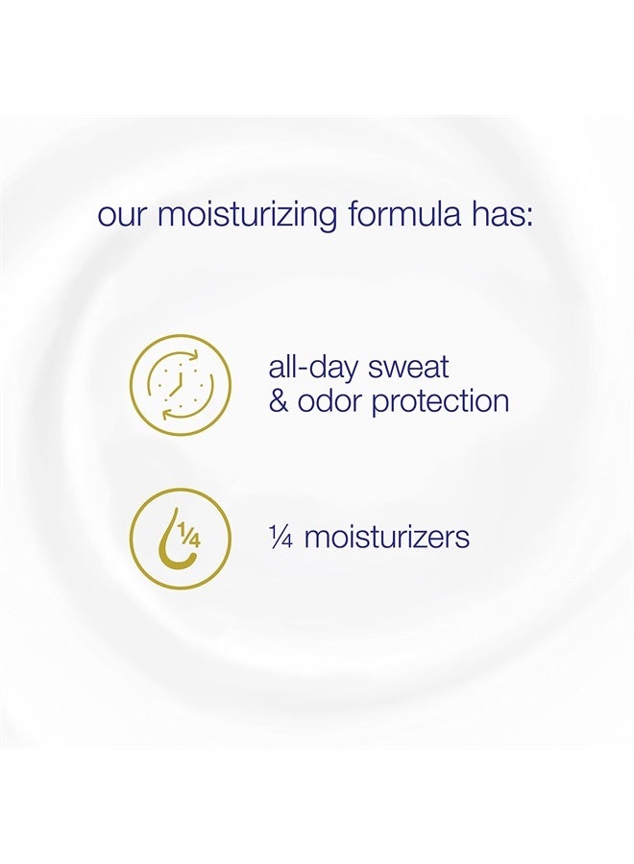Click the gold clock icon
[181, 385]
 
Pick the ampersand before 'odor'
[279, 400]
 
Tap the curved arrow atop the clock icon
[188, 356]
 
